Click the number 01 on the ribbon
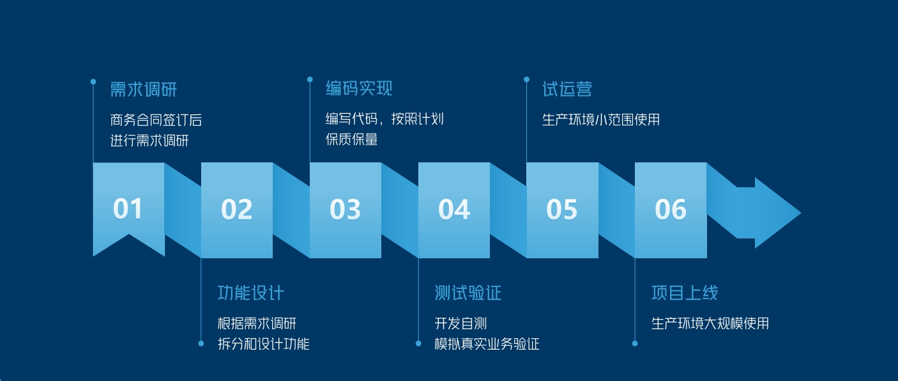coord(128,209)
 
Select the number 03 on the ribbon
coord(345,209)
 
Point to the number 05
coord(561,209)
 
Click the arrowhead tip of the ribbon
coord(800,213)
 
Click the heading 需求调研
coord(144,89)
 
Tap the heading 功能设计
coord(251,293)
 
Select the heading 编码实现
coord(359,88)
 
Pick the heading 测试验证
coord(468,293)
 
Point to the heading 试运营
coord(567,89)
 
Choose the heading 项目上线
coord(685,293)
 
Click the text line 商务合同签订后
coord(156,120)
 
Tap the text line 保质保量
coord(351,139)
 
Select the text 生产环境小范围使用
coord(601,120)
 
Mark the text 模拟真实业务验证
coord(487,344)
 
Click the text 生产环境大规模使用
coord(710,323)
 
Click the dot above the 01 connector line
coord(93,82)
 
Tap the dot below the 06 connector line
coord(635,343)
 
